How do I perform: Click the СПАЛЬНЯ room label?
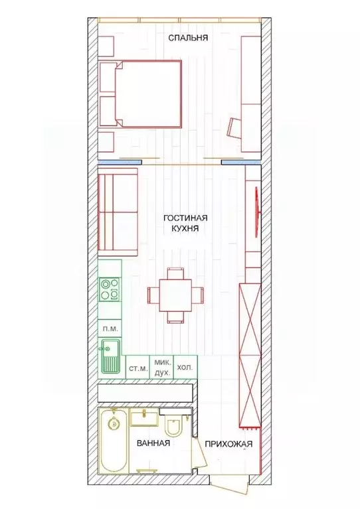pyautogui.click(x=188, y=38)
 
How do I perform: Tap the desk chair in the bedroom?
pyautogui.click(x=234, y=127)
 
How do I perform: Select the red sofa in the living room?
pyautogui.click(x=118, y=212)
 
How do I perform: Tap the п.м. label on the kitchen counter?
pyautogui.click(x=110, y=328)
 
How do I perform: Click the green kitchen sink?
pyautogui.click(x=108, y=356)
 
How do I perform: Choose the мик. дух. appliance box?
pyautogui.click(x=163, y=368)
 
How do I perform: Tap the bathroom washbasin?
pyautogui.click(x=143, y=417)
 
